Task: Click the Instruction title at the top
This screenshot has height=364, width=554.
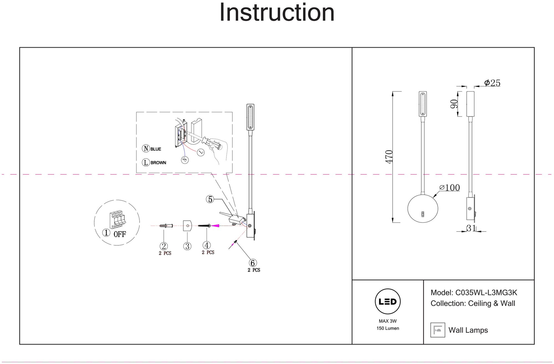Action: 277,13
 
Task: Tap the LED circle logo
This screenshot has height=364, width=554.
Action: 388,302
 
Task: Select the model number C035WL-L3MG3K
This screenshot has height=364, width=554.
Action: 486,293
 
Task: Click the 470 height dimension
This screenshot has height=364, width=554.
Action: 389,157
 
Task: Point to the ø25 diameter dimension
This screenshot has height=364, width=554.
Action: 492,83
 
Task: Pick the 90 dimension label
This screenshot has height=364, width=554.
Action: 454,104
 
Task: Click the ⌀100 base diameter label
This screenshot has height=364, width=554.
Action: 450,188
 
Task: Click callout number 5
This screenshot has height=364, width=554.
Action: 210,199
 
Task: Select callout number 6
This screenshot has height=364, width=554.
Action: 253,263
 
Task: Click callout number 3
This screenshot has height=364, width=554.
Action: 187,246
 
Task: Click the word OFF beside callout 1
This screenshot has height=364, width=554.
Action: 120,234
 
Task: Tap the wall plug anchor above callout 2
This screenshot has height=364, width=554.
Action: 166,226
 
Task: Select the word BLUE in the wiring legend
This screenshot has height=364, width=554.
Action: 156,149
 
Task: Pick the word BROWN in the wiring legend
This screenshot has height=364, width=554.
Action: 158,163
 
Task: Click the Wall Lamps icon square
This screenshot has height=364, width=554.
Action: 438,330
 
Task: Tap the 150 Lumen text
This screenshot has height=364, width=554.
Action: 388,328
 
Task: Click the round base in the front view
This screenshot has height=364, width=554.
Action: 423,208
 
